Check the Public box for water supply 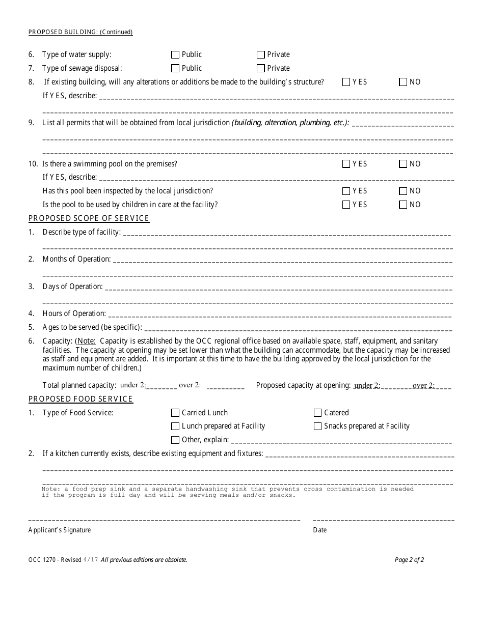click(x=176, y=54)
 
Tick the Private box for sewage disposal click(x=261, y=68)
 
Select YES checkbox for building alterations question click(x=346, y=82)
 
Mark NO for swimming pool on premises click(x=404, y=164)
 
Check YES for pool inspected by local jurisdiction click(x=346, y=191)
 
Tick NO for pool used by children click(x=404, y=205)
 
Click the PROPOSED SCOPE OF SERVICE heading click(x=89, y=218)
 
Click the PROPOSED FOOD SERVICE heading click(x=80, y=399)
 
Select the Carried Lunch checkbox click(x=176, y=413)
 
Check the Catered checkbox click(x=318, y=413)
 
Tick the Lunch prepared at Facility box click(x=176, y=426)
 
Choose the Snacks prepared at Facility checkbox click(x=318, y=426)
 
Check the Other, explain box click(x=176, y=440)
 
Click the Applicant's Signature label click(x=60, y=530)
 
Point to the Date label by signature click(x=320, y=530)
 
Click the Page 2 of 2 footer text click(x=409, y=560)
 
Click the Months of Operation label click(x=76, y=259)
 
